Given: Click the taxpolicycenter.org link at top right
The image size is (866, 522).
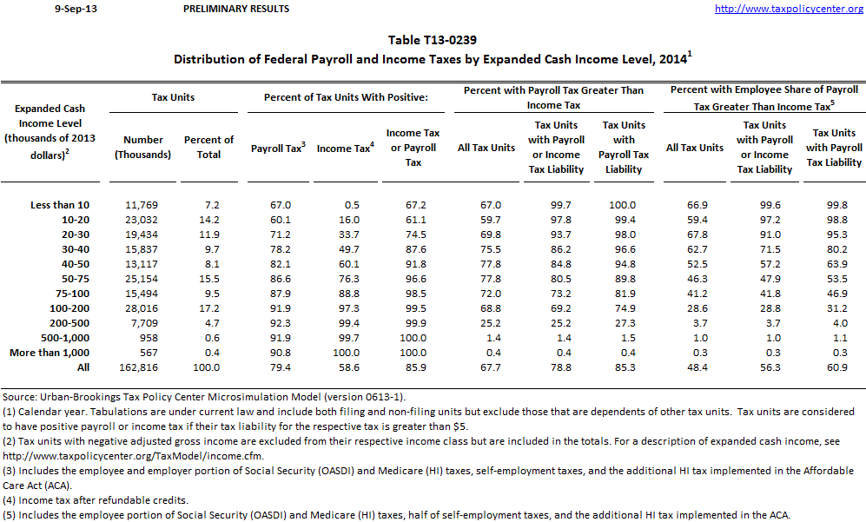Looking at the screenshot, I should (789, 9).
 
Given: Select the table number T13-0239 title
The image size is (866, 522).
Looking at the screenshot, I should (432, 40).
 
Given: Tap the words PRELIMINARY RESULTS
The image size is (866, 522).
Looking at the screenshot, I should (236, 9).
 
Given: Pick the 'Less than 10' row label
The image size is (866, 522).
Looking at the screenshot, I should (60, 205).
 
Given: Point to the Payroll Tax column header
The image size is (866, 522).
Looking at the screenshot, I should (278, 149).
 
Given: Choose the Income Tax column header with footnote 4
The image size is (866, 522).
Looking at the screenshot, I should (345, 149).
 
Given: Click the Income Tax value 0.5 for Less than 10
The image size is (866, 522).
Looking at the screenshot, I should (350, 205).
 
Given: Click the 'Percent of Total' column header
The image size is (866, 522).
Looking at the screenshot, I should (208, 147).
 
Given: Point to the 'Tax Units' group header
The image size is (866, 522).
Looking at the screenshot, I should (174, 97).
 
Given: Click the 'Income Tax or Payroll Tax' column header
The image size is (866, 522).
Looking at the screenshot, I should (413, 148).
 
